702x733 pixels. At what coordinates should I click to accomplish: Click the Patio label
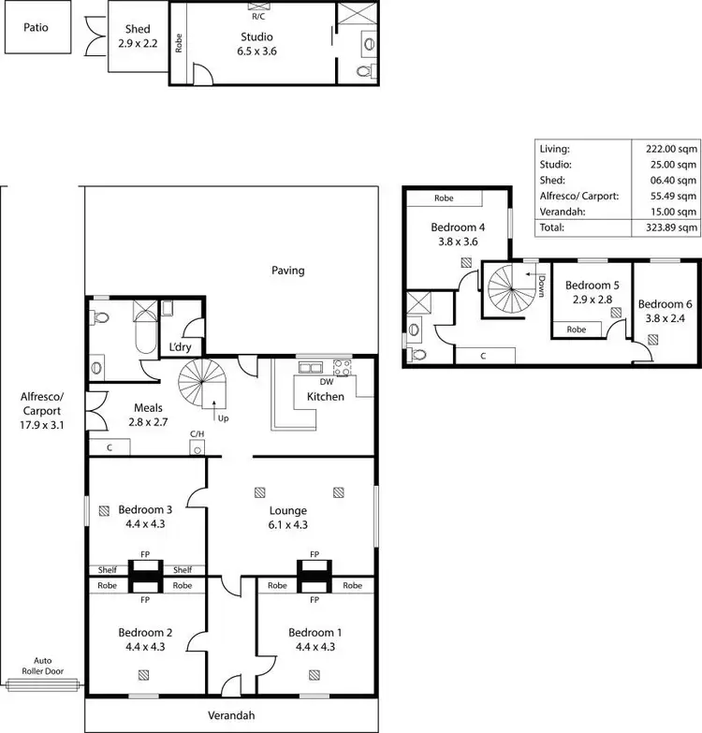37,27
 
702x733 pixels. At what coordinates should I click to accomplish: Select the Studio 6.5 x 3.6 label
256,44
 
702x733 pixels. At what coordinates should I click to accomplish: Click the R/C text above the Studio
257,16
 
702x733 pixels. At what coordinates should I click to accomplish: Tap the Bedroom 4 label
458,234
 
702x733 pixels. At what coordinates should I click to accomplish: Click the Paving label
288,271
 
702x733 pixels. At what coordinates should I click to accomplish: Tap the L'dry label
180,347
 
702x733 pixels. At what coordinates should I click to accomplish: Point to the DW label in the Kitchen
327,382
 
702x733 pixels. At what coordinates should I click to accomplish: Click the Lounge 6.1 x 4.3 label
288,518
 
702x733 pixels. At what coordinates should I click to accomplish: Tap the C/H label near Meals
197,434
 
